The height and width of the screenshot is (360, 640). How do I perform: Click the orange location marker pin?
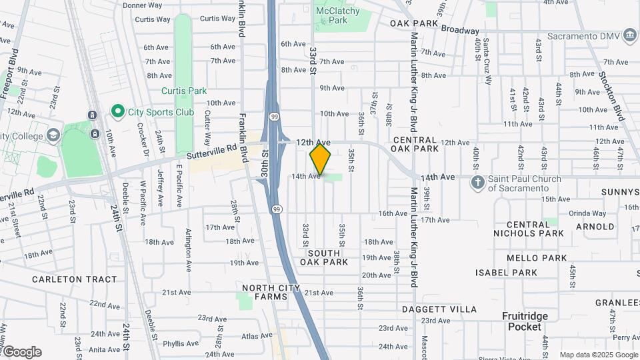click(320, 159)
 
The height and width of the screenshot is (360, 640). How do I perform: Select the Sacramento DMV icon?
click(629, 35)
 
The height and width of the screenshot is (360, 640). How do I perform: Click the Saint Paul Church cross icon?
click(477, 182)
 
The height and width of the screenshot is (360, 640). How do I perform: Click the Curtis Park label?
click(184, 91)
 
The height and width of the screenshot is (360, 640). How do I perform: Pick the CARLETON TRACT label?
click(65, 279)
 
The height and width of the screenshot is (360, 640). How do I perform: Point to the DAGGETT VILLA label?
click(439, 309)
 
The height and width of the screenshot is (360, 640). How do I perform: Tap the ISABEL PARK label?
click(507, 273)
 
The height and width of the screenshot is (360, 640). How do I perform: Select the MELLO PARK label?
click(537, 258)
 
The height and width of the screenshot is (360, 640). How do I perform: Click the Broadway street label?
click(460, 31)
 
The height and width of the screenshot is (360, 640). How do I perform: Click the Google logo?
click(21, 352)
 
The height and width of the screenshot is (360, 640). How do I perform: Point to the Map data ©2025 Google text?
click(599, 355)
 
